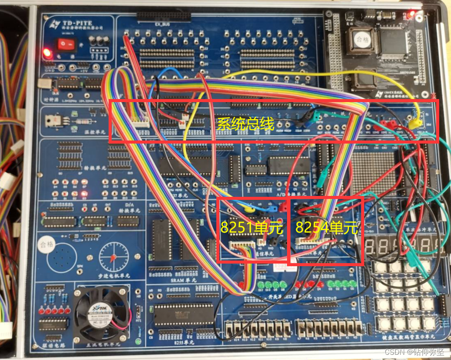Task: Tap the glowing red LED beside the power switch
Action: [x=47, y=54]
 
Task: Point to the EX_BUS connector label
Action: [x=162, y=24]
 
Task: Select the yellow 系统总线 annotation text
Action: [x=246, y=123]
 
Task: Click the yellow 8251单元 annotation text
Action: [x=252, y=227]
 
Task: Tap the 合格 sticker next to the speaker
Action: [x=47, y=244]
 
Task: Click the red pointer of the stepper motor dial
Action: [x=114, y=257]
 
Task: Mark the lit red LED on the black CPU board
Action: [x=411, y=12]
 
